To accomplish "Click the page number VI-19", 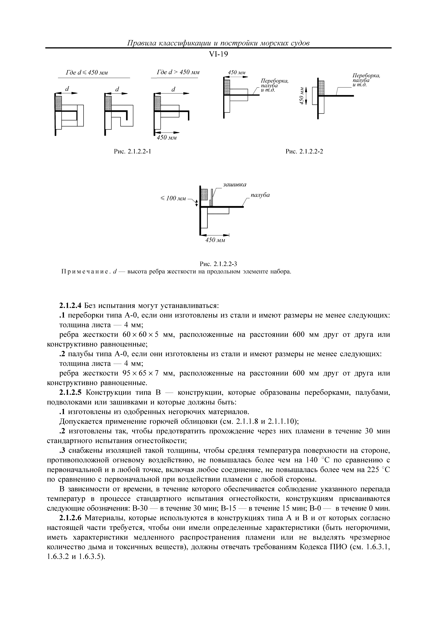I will click(x=218, y=54).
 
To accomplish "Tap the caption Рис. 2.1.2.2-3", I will click(x=218, y=264).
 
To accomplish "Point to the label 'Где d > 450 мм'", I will click(x=178, y=73).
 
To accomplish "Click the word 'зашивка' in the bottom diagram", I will click(x=234, y=185).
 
